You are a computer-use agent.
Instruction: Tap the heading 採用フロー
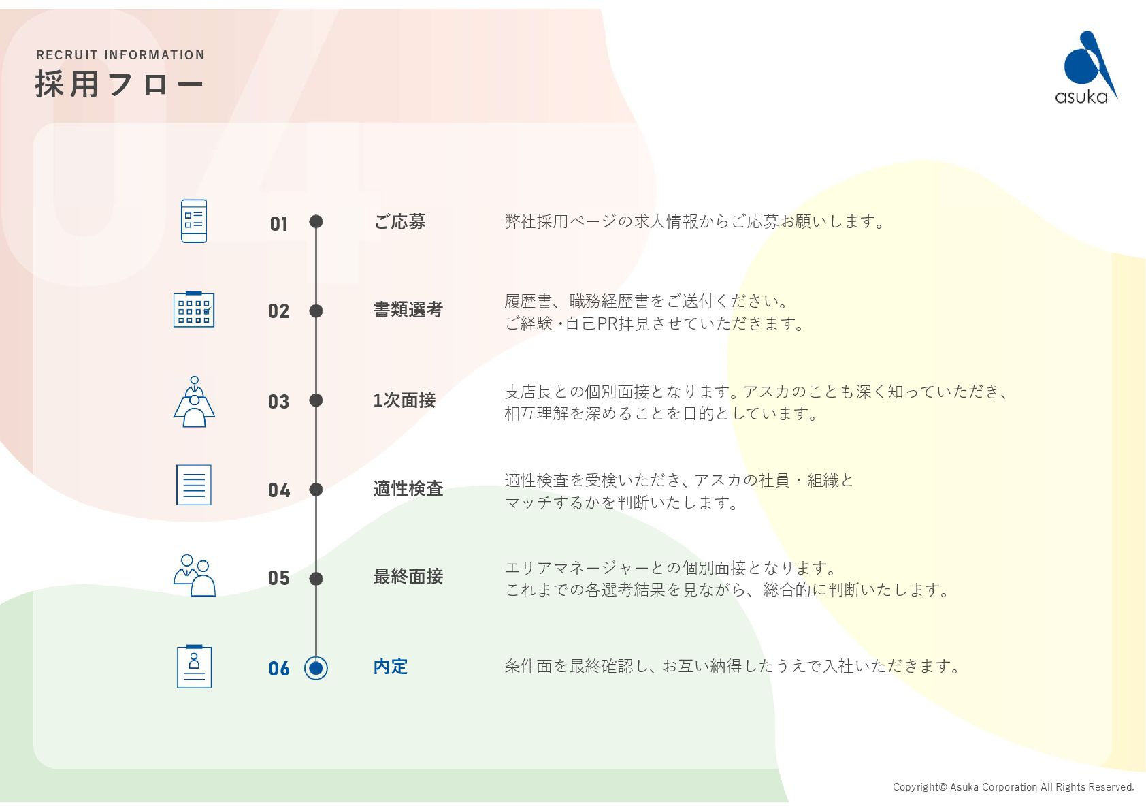(x=120, y=84)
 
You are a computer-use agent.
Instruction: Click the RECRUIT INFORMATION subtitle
(x=120, y=55)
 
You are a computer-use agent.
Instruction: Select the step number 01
(x=279, y=224)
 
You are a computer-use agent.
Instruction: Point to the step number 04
(x=279, y=490)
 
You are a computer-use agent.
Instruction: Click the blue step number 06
(x=279, y=669)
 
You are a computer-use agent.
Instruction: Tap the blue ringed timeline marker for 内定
(x=316, y=668)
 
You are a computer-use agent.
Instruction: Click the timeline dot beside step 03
(x=316, y=400)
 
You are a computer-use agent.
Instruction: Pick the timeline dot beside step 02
(x=316, y=311)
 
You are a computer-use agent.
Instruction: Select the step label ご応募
(x=399, y=222)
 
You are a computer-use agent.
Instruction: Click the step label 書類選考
(x=408, y=310)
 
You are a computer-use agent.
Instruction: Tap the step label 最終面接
(x=408, y=577)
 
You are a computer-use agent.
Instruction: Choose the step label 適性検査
(x=408, y=489)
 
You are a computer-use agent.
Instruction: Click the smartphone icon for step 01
(x=194, y=221)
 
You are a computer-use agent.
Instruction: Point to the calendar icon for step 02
(x=194, y=310)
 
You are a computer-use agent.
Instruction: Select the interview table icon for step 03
(x=194, y=402)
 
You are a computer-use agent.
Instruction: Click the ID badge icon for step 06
(x=194, y=667)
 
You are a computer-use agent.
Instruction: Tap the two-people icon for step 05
(x=195, y=575)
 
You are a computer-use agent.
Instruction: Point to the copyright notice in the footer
(x=1013, y=787)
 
